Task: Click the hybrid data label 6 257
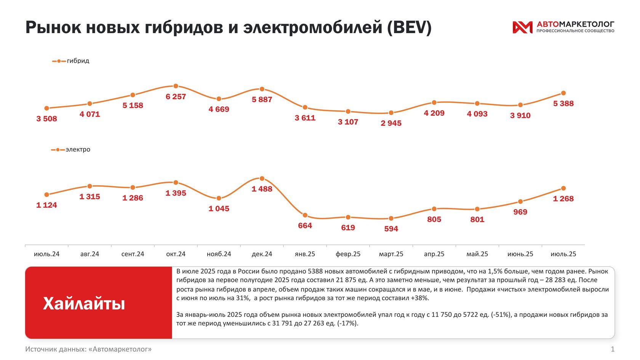pyautogui.click(x=176, y=97)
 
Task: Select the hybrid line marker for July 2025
pyautogui.click(x=563, y=93)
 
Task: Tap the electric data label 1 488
pyautogui.click(x=262, y=189)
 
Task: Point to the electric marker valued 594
pyautogui.click(x=391, y=218)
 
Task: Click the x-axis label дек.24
pyautogui.click(x=262, y=254)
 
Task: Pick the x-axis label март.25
pyautogui.click(x=391, y=254)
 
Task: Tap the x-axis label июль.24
pyautogui.click(x=46, y=254)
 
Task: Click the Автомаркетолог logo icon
pyautogui.click(x=522, y=27)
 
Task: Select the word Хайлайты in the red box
pyautogui.click(x=84, y=304)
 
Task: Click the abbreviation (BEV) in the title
pyautogui.click(x=409, y=27)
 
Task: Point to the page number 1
pyautogui.click(x=613, y=349)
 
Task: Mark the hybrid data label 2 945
pyautogui.click(x=391, y=123)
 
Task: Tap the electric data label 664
pyautogui.click(x=305, y=226)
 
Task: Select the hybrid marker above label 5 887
pyautogui.click(x=262, y=89)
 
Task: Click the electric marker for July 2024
pyautogui.click(x=46, y=195)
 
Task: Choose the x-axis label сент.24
pyautogui.click(x=133, y=254)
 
